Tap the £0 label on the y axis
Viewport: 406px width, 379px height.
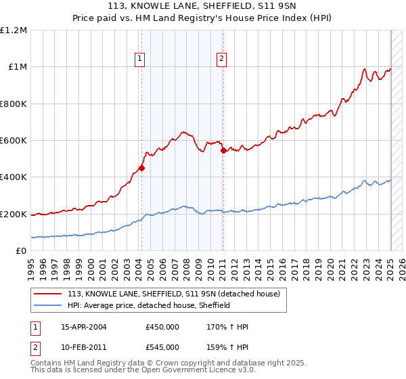pos(22,251)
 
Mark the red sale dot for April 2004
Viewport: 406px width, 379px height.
pos(142,169)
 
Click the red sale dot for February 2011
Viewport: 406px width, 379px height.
pos(223,151)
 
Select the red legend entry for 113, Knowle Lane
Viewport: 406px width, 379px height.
pos(178,294)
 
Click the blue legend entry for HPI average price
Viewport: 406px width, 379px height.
pos(149,305)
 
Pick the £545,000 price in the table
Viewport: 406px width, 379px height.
pos(162,347)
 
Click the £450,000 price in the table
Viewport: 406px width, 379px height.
pos(162,326)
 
